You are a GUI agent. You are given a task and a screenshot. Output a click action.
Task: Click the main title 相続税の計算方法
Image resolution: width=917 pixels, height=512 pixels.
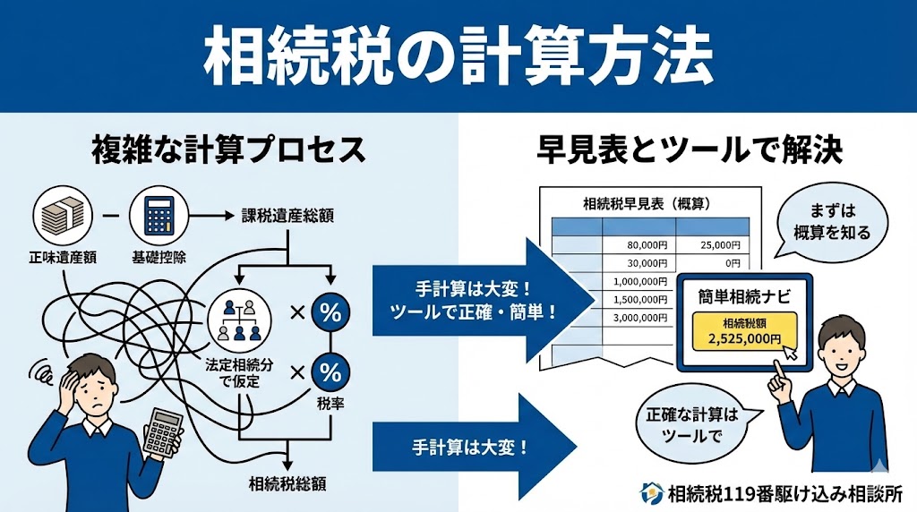click(458, 55)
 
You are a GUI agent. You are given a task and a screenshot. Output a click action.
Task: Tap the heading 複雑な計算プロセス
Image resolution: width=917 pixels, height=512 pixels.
click(229, 149)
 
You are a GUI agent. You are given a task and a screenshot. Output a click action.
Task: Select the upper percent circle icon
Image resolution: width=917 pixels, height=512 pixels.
click(330, 314)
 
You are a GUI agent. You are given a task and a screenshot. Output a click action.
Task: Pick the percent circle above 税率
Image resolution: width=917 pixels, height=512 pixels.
click(330, 372)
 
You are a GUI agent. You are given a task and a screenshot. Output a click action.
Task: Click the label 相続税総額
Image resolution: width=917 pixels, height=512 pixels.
click(287, 484)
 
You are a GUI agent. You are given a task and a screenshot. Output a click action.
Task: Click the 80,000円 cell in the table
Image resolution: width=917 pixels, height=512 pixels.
click(639, 244)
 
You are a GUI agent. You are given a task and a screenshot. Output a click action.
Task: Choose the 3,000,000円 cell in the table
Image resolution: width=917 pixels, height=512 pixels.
click(639, 318)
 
